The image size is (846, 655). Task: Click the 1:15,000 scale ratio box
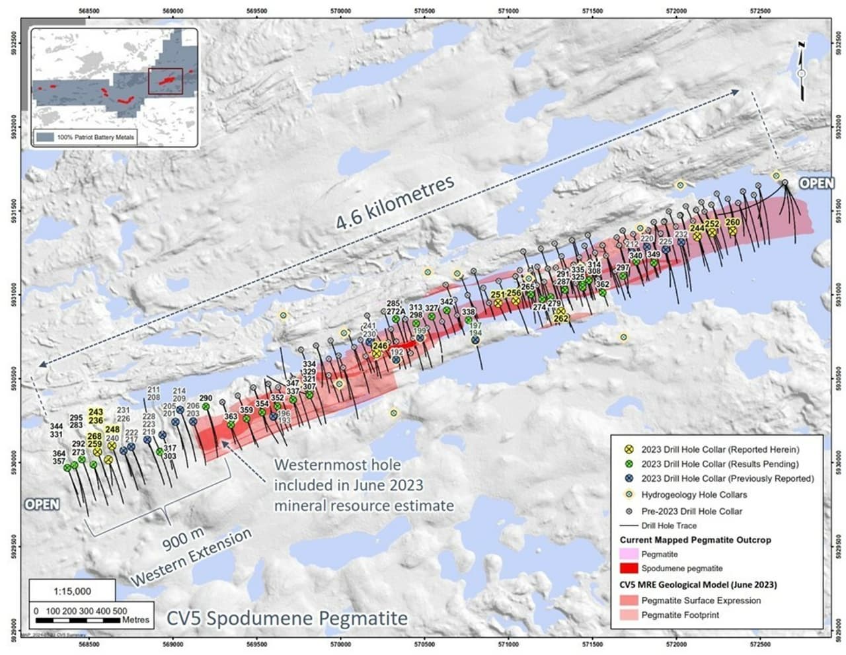(72, 591)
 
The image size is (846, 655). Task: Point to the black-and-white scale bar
(79, 621)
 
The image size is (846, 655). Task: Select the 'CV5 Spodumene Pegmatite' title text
(287, 619)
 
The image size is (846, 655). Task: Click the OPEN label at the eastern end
(816, 183)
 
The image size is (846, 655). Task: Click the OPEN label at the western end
(42, 504)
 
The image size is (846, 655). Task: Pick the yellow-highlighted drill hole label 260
(732, 223)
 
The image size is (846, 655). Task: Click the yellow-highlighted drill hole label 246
(379, 346)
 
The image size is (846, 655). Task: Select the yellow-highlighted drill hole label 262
(560, 319)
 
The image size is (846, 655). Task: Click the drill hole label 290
(206, 398)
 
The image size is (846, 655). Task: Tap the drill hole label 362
(602, 284)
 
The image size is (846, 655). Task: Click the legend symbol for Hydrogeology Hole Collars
(629, 494)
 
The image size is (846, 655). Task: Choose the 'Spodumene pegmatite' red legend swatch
(629, 568)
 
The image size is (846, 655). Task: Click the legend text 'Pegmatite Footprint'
(680, 615)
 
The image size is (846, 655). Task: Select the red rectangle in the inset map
(165, 81)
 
